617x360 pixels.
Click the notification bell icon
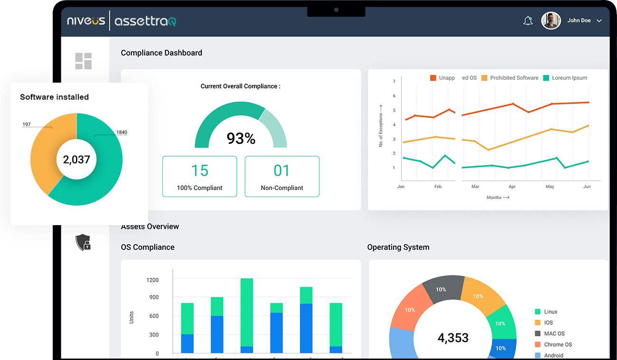click(x=528, y=21)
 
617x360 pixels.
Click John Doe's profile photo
click(x=551, y=20)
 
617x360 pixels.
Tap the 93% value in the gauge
click(x=241, y=138)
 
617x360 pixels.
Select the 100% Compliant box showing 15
click(x=199, y=176)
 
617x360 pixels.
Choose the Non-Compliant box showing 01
click(x=282, y=176)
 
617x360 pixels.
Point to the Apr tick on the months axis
click(x=512, y=187)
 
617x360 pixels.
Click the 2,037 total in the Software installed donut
click(x=76, y=160)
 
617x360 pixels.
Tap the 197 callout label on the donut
click(x=27, y=124)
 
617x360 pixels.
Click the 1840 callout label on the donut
click(x=122, y=133)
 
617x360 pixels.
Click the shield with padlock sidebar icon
click(x=83, y=242)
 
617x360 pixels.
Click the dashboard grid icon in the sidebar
click(x=83, y=61)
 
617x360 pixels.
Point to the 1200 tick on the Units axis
click(x=152, y=280)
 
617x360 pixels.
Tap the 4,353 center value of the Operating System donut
click(x=453, y=338)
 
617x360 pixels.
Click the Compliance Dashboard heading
click(x=161, y=53)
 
